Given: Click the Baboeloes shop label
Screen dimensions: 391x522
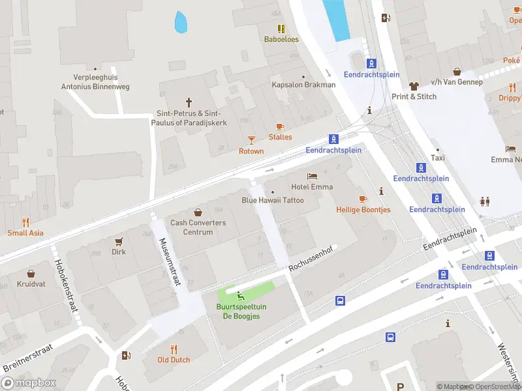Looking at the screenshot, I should [x=281, y=39].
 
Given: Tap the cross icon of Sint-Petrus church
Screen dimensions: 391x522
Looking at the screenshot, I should [x=189, y=102].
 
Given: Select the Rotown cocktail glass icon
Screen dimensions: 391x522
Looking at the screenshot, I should [x=251, y=139].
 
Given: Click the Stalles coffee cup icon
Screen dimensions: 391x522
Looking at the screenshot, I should [x=281, y=126].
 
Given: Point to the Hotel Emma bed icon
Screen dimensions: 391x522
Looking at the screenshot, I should [x=313, y=176].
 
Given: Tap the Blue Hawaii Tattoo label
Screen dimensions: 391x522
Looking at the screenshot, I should [x=273, y=200].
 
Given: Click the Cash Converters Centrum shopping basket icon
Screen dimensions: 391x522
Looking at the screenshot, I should [x=198, y=212].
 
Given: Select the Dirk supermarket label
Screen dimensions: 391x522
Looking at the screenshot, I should [x=119, y=252].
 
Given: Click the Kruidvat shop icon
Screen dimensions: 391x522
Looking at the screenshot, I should [x=31, y=274].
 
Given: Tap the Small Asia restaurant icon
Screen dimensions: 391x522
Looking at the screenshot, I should [x=25, y=222].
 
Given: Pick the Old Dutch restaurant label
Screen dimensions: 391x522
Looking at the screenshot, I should [x=174, y=360].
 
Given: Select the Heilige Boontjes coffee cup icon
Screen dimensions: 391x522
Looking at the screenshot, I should [x=363, y=199].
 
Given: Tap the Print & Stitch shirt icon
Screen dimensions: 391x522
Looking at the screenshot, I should [x=414, y=85].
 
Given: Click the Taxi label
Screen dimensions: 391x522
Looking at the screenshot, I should [x=438, y=158].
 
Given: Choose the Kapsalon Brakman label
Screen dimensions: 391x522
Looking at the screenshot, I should [x=303, y=85].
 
